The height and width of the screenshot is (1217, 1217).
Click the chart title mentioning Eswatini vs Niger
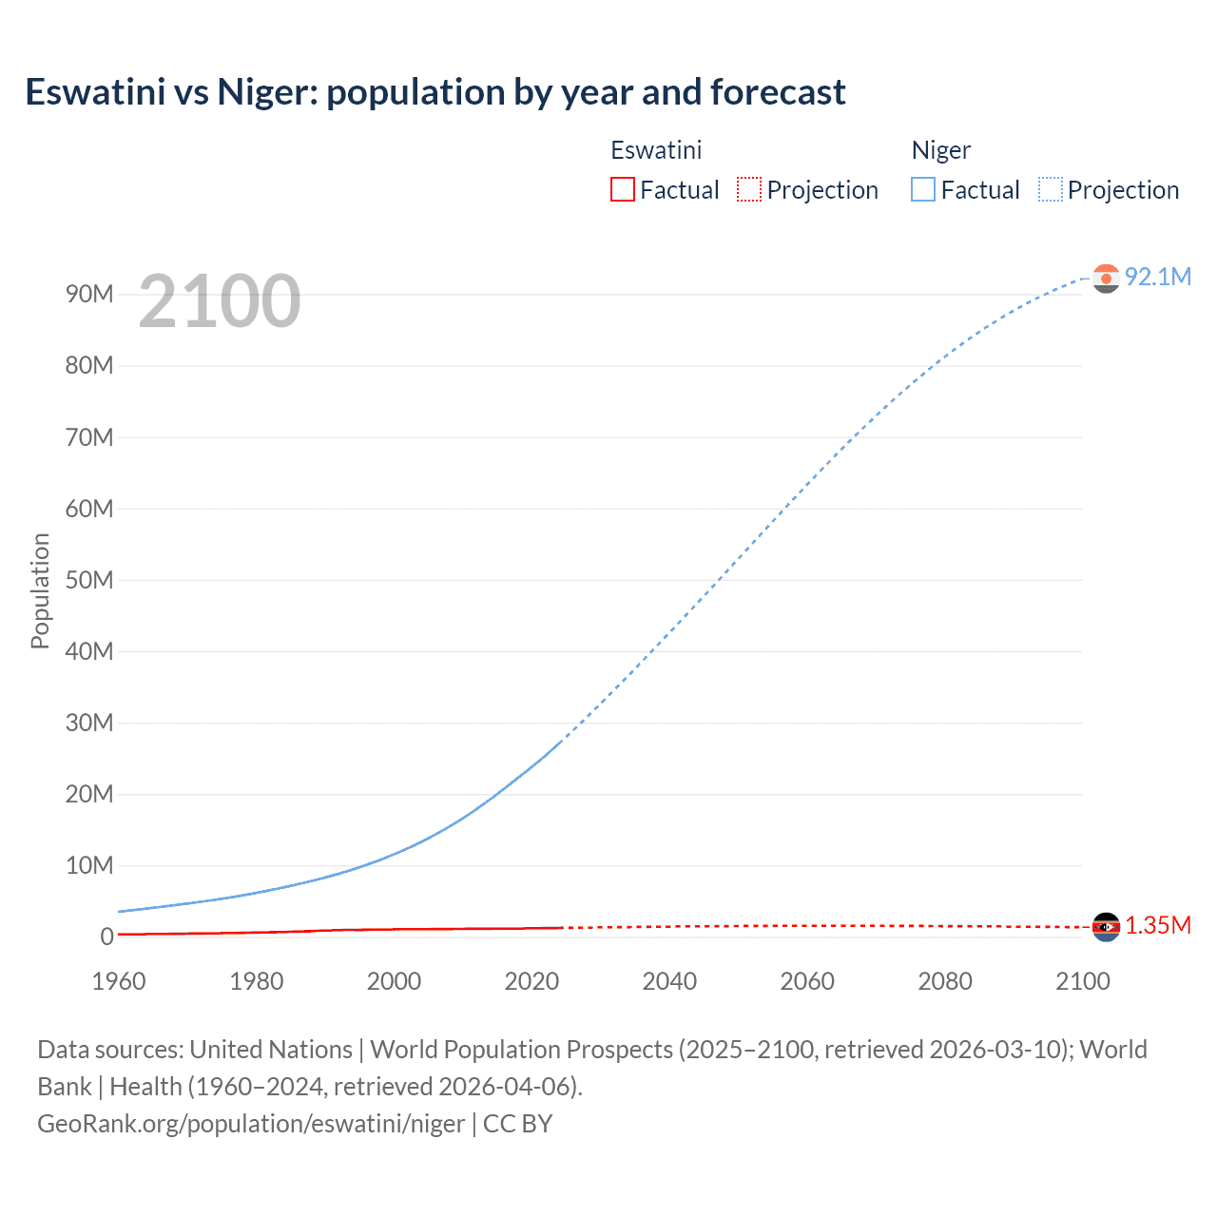[435, 92]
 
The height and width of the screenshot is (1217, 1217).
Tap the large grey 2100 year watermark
[220, 301]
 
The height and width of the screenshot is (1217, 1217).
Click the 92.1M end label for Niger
[1157, 277]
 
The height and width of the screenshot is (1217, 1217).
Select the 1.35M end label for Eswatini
[1157, 925]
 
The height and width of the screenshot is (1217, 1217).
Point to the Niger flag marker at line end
[1106, 278]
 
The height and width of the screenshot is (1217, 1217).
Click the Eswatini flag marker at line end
[1106, 926]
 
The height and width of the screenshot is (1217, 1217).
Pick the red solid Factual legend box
[623, 189]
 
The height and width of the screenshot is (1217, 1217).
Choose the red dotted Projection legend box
[749, 189]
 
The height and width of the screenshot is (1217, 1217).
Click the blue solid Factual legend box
[923, 189]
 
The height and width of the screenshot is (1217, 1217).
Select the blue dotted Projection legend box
[1050, 189]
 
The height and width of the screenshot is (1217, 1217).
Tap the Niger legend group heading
[940, 150]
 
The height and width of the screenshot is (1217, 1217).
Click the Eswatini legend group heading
[656, 150]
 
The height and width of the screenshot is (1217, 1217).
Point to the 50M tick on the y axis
[89, 580]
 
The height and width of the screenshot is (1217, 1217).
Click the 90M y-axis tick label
[89, 294]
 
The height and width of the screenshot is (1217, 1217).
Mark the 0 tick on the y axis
[106, 937]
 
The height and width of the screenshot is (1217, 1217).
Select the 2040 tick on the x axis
[669, 981]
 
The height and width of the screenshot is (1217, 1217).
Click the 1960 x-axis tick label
[119, 981]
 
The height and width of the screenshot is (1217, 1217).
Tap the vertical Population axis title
[40, 590]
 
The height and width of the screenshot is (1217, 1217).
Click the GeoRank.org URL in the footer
[251, 1123]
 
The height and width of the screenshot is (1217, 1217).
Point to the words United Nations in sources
[271, 1049]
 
